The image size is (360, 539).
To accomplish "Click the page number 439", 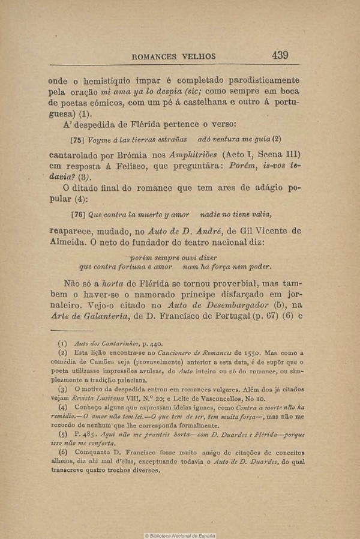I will pos(280,55).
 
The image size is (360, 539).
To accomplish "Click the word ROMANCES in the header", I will pos(158,57).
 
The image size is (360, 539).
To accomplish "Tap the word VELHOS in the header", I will pos(200,57).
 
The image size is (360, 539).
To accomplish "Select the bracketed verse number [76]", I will pos(78,214).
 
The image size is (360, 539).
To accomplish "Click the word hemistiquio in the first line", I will pos(109,80).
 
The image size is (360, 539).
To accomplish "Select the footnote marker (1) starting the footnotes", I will pos(62,344).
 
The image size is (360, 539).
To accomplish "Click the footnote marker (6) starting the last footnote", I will pos(62,452).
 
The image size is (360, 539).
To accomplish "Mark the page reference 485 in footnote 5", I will pos(82,433).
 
